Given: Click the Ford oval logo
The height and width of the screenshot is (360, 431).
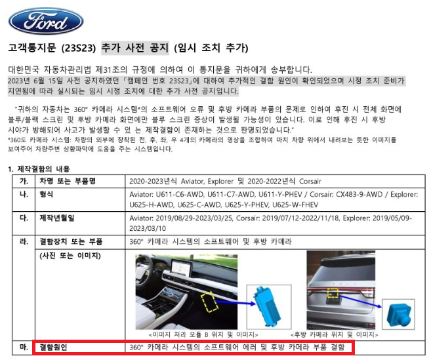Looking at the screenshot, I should point(46,20).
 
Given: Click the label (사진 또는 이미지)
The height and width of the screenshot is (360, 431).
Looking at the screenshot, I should point(71,255).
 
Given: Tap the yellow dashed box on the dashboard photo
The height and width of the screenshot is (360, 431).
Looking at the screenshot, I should point(210,303).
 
